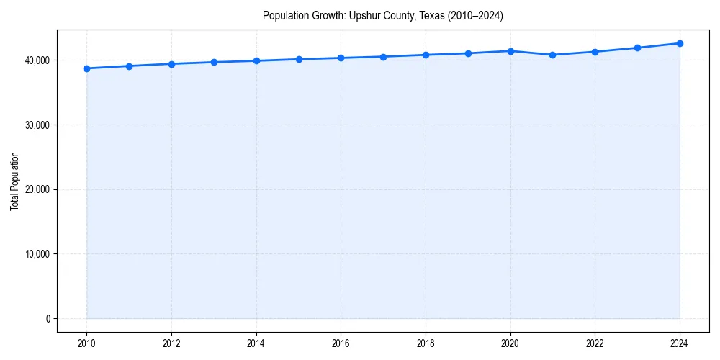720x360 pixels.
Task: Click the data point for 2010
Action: click(86, 68)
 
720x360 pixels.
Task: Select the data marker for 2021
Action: click(552, 55)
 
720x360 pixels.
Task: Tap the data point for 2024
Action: click(680, 43)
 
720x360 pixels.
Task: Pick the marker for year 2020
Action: click(510, 51)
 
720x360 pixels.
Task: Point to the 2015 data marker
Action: click(299, 59)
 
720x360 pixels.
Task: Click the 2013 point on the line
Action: click(214, 62)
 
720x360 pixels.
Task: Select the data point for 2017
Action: click(383, 57)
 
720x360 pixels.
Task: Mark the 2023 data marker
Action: click(637, 48)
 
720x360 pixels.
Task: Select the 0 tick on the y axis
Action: click(47, 319)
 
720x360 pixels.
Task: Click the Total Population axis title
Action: click(14, 181)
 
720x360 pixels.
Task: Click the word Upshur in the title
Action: click(364, 15)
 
